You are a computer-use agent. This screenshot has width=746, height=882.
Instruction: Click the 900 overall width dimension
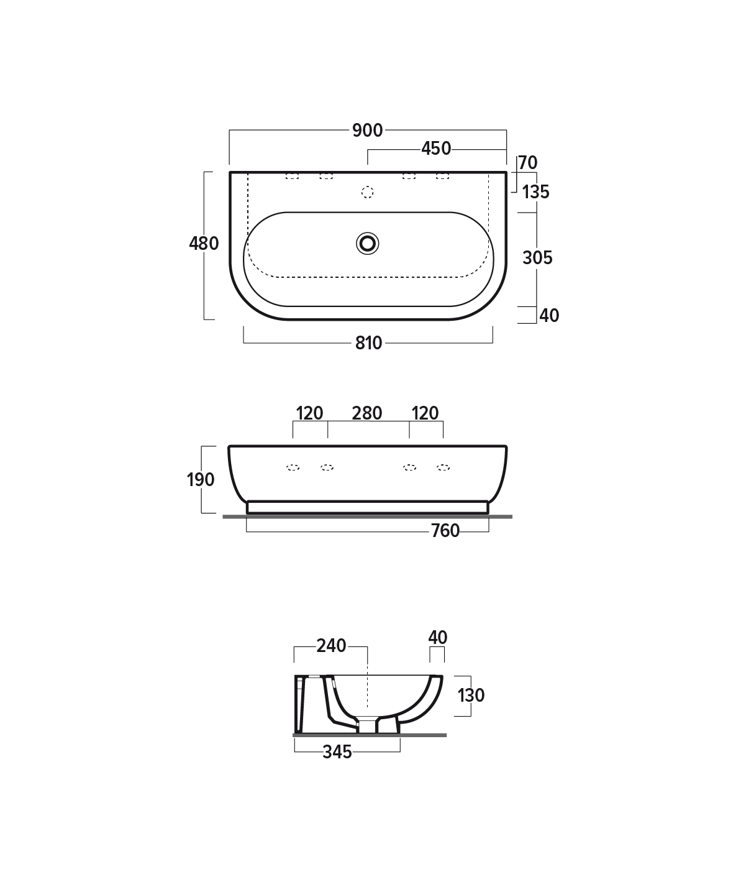[x=367, y=131]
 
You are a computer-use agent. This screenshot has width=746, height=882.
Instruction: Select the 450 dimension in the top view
[x=436, y=149]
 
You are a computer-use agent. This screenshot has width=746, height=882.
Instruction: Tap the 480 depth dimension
[x=204, y=244]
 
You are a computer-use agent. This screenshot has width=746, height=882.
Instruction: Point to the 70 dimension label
[x=528, y=163]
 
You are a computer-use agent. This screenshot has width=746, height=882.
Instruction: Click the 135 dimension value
[x=535, y=192]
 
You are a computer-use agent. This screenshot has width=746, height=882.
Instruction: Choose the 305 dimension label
[x=537, y=258]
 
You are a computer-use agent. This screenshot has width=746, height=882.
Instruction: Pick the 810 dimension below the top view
[x=368, y=343]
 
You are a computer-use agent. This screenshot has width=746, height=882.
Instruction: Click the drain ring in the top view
[x=367, y=244]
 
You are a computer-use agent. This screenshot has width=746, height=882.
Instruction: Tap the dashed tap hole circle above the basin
[x=367, y=193]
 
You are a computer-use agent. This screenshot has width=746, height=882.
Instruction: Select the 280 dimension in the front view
[x=367, y=413]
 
